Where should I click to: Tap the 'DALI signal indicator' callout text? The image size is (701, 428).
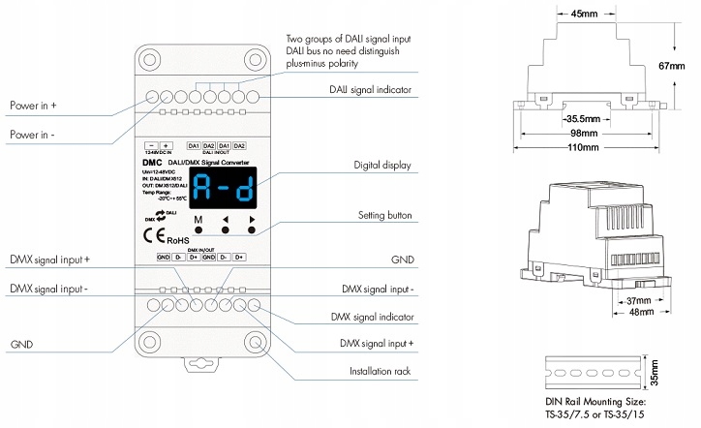[368, 90]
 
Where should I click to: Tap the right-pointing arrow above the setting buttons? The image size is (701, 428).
[252, 221]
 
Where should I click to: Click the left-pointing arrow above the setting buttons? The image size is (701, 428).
[226, 221]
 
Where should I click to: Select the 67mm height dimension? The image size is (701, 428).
[679, 66]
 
